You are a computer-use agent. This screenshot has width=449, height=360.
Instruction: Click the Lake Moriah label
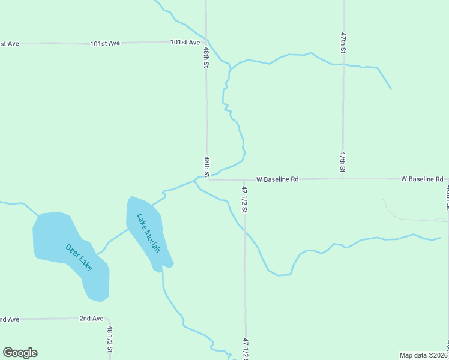point(148,233)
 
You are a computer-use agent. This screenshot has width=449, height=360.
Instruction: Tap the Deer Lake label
point(79,256)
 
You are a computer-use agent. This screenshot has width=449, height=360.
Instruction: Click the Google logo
point(20,353)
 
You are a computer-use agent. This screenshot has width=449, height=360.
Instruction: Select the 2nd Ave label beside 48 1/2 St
point(91,319)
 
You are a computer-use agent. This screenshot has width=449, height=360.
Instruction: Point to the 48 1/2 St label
point(110,339)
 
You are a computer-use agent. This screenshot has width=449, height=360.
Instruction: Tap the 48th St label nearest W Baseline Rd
point(206,166)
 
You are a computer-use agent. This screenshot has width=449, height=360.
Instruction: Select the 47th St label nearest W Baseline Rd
point(342,162)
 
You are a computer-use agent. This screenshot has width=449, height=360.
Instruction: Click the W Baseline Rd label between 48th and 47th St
point(277,179)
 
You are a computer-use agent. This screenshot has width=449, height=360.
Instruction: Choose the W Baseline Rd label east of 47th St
point(422,179)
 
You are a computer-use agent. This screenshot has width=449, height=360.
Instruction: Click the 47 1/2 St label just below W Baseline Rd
point(244,199)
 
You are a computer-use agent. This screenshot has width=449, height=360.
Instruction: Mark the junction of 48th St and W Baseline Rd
point(208,179)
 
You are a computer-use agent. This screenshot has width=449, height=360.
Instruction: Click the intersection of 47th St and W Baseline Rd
point(343,179)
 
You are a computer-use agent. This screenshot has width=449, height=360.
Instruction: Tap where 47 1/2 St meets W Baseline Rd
point(244,179)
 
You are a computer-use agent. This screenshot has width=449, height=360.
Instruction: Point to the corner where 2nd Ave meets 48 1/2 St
point(109,319)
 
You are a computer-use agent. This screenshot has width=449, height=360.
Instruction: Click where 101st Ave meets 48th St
point(206,42)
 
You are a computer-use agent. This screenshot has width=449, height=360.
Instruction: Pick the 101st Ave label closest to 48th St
point(185,42)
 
